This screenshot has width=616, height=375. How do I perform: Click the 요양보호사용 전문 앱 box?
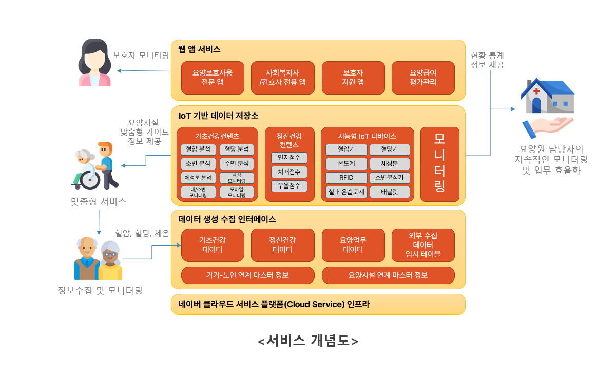212,78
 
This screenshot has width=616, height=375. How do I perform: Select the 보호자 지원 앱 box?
353,78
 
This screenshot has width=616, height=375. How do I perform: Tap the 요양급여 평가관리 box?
423,78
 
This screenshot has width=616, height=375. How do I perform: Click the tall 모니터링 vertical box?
439,164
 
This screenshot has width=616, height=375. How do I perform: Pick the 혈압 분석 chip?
198,149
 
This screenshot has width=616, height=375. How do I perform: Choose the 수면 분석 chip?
237,164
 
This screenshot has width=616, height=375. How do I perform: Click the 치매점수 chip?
289,172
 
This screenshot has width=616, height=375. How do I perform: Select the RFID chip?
346,178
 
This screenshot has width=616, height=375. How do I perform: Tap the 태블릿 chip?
390,192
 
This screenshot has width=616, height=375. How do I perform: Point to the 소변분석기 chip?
390,178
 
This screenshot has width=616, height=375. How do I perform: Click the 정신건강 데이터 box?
282,245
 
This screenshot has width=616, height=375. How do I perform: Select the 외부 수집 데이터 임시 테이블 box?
423,245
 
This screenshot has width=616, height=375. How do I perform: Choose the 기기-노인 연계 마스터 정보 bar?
247,275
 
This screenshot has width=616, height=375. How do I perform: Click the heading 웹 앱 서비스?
200,49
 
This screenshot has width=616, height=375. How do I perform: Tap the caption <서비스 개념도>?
307,341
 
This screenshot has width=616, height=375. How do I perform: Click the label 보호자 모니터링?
141,55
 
